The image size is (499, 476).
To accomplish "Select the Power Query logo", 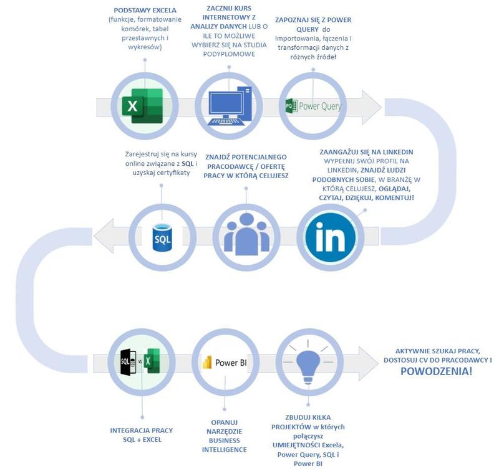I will click(x=313, y=106).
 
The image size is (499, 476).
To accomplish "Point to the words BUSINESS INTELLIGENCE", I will click(x=225, y=445).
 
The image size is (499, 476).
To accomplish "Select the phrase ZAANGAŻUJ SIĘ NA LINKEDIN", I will click(x=367, y=152).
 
